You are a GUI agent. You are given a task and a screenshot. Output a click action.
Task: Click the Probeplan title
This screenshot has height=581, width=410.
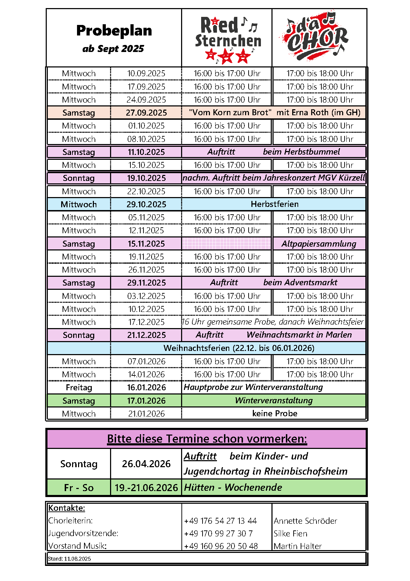click(114, 31)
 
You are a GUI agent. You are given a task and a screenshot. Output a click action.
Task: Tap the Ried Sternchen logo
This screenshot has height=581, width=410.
click(228, 39)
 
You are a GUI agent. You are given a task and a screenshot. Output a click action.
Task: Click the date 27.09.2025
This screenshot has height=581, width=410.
click(146, 113)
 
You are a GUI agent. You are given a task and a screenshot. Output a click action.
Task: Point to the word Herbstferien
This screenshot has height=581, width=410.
click(275, 204)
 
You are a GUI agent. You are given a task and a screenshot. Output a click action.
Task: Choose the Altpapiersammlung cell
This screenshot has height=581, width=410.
click(319, 244)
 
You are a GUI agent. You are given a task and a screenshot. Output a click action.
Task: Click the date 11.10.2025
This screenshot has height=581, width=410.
click(146, 152)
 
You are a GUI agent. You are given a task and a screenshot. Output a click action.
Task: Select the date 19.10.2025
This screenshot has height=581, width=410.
click(146, 178)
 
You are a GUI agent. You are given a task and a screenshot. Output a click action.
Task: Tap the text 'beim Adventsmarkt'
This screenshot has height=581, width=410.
click(300, 282)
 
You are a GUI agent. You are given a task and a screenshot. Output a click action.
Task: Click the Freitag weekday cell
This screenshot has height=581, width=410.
click(79, 387)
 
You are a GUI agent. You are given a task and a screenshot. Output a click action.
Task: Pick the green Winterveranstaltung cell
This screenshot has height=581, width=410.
click(274, 400)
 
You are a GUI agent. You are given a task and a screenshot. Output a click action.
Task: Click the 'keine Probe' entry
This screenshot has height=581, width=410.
click(275, 413)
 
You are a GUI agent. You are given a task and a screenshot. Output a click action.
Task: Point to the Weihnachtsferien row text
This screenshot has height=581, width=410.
click(239, 348)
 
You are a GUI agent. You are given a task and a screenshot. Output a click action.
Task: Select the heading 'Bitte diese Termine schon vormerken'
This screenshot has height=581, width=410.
click(207, 439)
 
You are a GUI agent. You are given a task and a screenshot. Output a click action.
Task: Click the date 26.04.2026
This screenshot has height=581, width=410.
click(146, 464)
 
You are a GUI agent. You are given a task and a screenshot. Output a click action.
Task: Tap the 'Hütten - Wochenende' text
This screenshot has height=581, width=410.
click(233, 488)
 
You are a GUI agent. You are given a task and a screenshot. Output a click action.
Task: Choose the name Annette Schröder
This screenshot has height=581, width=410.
click(305, 521)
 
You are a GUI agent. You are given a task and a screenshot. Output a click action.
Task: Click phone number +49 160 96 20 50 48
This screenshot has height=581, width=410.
click(221, 546)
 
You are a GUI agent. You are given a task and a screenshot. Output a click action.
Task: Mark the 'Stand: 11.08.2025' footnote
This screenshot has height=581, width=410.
click(69, 559)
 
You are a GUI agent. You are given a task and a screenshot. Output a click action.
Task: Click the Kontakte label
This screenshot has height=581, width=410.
click(66, 508)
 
